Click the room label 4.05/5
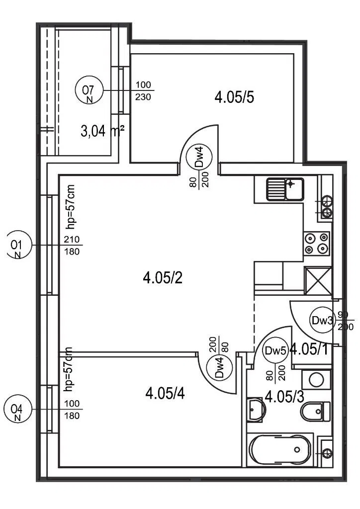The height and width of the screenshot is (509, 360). pyautogui.click(x=234, y=97)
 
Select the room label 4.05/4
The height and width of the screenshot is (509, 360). pyautogui.click(x=165, y=394)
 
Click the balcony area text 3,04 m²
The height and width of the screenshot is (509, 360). pyautogui.click(x=102, y=131)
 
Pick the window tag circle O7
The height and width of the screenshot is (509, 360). pyautogui.click(x=88, y=91)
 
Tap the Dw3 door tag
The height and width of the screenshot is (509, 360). pyautogui.click(x=322, y=321)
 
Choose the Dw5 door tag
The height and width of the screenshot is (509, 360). pyautogui.click(x=275, y=350)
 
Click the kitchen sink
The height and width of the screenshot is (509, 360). pyautogui.click(x=285, y=189)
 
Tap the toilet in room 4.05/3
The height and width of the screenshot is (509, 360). pyautogui.click(x=316, y=411)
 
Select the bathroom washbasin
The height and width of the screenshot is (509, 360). pyautogui.click(x=256, y=410)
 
